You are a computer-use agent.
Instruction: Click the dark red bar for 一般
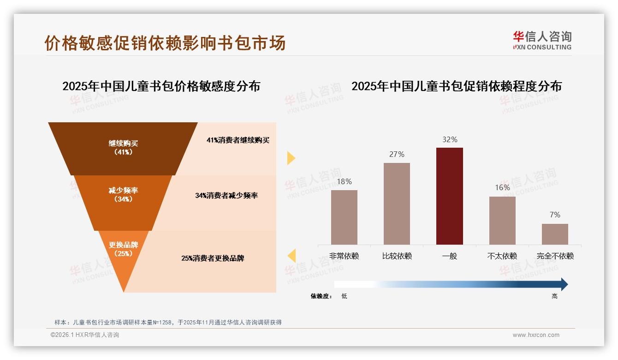(x=449, y=196)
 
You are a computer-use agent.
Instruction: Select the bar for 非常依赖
(x=344, y=217)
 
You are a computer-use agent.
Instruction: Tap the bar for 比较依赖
(x=397, y=204)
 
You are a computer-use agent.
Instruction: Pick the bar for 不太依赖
(x=502, y=221)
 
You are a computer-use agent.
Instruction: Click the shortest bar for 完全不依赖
(x=555, y=234)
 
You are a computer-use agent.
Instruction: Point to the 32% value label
(x=450, y=139)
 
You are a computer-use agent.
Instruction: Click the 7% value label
(x=555, y=215)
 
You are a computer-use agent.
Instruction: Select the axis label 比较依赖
(x=397, y=256)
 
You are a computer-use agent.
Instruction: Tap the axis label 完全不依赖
(x=555, y=256)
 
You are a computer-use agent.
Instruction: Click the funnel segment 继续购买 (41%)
(x=123, y=148)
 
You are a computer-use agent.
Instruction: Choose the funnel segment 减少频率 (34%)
(x=123, y=194)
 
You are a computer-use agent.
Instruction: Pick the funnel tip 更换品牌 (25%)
(x=123, y=252)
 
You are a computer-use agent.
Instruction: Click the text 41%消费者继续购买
(x=238, y=140)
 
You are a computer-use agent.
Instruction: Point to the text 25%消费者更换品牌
(x=213, y=258)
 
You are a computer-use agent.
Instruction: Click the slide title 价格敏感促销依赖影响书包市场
(x=165, y=43)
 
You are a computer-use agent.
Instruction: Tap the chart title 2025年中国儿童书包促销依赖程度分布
(x=457, y=86)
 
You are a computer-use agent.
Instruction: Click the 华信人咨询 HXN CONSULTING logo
(x=542, y=41)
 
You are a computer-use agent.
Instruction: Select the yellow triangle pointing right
(x=291, y=158)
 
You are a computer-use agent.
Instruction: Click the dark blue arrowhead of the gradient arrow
(x=564, y=284)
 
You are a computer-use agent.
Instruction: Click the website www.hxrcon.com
(x=536, y=335)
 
